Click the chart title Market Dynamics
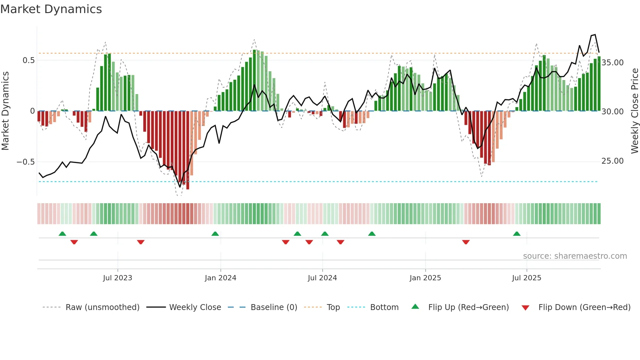pos(51,9)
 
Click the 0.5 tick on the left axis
pos(28,60)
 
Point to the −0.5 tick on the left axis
pos(26,162)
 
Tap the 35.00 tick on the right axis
pos(612,63)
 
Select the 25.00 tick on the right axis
pos(612,161)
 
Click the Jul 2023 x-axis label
pos(118,278)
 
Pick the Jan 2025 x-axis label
pos(425,278)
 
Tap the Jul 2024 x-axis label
pos(322,278)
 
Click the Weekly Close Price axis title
pos(634,111)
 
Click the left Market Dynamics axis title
pos(5,111)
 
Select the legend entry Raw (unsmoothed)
pos(102,307)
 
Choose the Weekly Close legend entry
pos(195,307)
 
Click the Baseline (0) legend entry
pos(274,307)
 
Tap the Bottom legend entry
pos(384,307)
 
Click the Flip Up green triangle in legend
pos(415,307)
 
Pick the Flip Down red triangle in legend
pos(525,308)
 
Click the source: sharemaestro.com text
pos(575,256)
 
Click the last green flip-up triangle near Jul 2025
pos(517,234)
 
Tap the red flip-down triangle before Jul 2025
pos(466,242)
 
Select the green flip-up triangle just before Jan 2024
pos(215,234)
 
